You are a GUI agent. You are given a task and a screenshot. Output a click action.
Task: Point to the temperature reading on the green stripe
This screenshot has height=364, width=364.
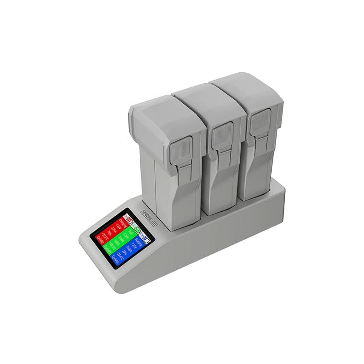(113, 246)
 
